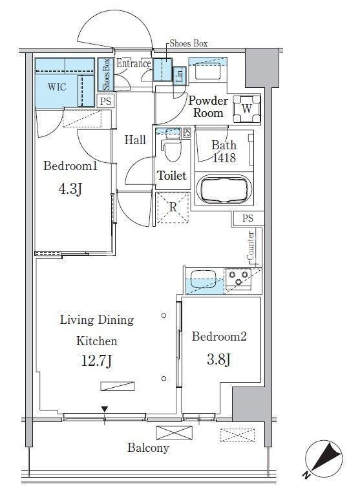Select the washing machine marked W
[247, 109]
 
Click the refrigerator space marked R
[173, 207]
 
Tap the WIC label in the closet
[57, 87]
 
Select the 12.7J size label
[97, 361]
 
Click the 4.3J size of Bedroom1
[70, 189]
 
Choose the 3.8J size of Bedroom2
[218, 359]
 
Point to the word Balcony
[148, 448]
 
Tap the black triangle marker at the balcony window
[105, 409]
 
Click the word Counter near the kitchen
[251, 246]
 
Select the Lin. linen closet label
[180, 76]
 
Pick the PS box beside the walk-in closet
[106, 101]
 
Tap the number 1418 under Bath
[224, 158]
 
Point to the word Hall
[135, 140]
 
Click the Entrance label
[134, 63]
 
